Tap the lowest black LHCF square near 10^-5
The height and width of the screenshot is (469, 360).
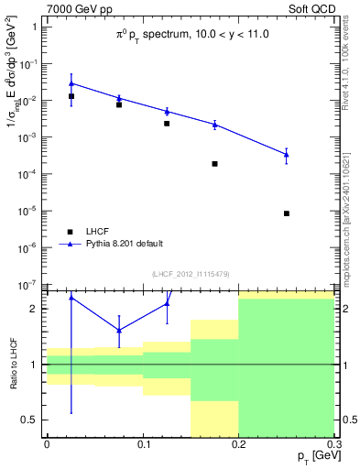[287, 213]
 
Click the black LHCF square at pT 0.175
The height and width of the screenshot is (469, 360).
[214, 164]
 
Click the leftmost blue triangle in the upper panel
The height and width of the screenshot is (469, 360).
[71, 83]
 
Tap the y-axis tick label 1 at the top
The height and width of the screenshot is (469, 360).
[34, 27]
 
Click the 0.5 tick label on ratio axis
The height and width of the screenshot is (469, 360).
[30, 420]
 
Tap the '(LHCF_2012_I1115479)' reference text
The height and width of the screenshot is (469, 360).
[192, 274]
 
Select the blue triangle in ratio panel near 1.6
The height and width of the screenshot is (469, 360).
[119, 331]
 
